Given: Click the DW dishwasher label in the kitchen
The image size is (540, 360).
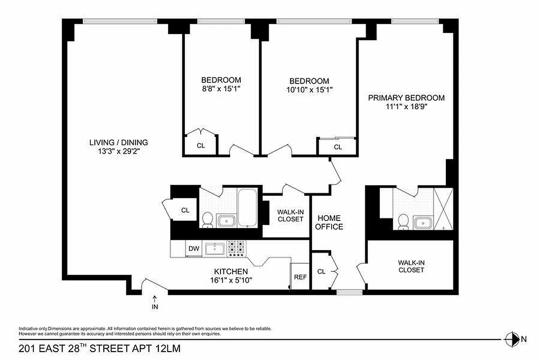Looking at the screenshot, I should tap(193, 248).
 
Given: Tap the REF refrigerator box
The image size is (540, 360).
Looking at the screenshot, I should tap(300, 277).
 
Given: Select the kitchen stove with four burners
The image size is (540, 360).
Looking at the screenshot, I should tap(237, 248).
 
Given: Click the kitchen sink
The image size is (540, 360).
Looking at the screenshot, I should tap(215, 248).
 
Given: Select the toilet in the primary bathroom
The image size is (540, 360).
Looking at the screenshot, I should tap(403, 220).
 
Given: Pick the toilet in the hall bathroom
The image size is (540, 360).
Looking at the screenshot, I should tap(207, 219).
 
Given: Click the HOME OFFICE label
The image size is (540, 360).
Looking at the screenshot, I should tap(329, 222).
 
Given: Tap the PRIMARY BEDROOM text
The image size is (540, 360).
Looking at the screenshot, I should tap(406, 98).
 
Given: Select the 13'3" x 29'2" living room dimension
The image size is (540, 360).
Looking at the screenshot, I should tap(118, 152).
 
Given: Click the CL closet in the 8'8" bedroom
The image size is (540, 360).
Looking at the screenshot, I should tap(201, 145).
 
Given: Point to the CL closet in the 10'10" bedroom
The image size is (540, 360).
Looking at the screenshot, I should tap(337, 147).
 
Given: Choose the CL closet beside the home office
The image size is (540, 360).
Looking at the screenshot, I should tap(321, 271).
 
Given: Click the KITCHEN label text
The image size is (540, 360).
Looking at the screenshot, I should tap(230, 271).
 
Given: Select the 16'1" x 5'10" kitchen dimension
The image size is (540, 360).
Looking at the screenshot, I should tap(230, 280).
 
